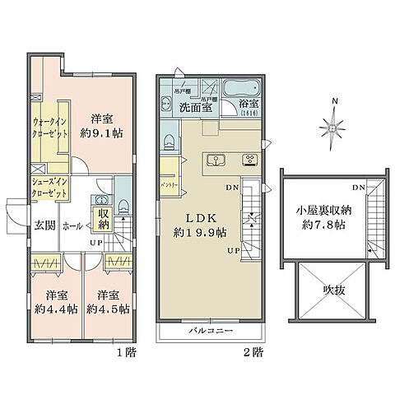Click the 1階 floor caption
[x=126, y=351]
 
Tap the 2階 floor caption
[x=254, y=351]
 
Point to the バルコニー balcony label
[x=210, y=332]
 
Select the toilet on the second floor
[x=170, y=140]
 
